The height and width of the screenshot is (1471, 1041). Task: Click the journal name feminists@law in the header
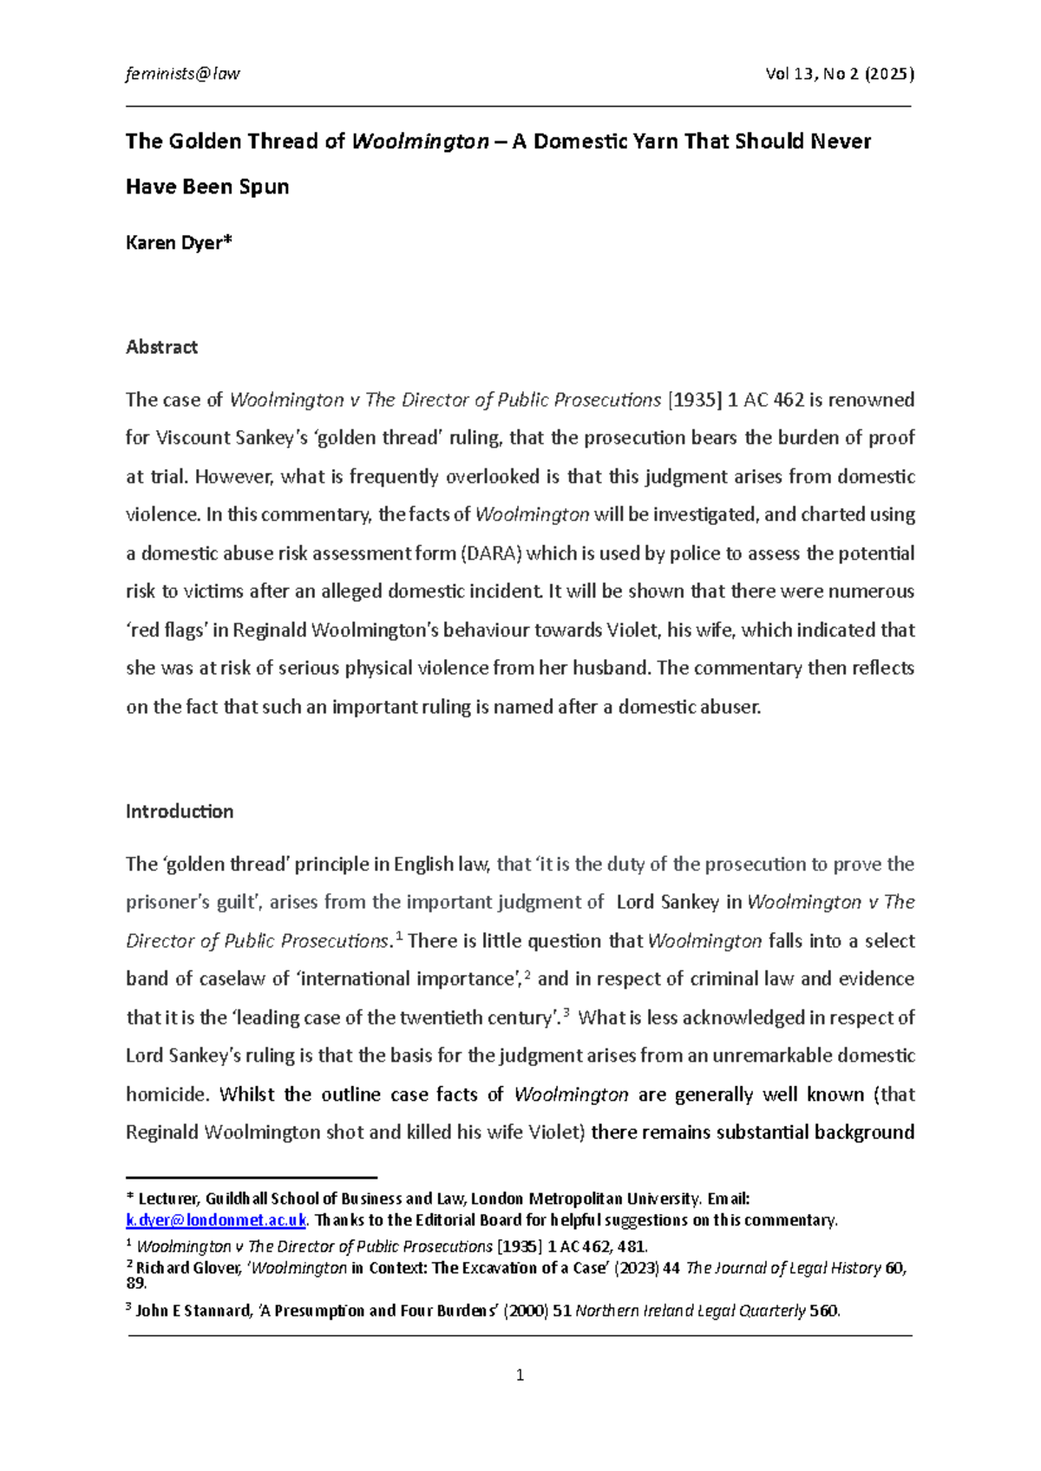[182, 74]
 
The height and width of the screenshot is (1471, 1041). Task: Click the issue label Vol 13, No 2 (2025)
[839, 74]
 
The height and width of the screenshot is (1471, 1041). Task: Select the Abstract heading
[161, 347]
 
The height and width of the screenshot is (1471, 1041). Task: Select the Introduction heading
[180, 812]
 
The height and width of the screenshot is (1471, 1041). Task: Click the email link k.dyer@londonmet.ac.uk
[216, 1220]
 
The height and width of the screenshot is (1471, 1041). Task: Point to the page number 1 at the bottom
[520, 1375]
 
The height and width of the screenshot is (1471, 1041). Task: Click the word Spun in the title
[264, 186]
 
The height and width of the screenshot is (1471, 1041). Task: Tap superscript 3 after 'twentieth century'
[566, 1013]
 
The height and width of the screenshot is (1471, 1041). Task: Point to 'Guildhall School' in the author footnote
[261, 1199]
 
